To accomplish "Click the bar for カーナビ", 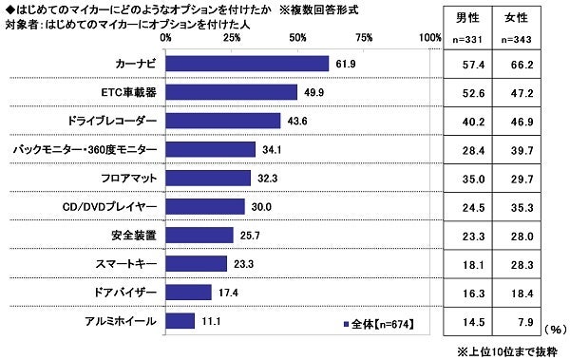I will tap(248, 63).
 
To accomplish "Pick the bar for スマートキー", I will tap(197, 263).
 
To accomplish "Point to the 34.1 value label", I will tap(271, 149).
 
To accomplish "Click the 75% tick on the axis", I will tap(363, 37).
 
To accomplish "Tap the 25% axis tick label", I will tap(231, 37).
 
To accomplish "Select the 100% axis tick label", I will tap(428, 37).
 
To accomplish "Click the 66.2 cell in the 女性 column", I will tap(522, 64).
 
